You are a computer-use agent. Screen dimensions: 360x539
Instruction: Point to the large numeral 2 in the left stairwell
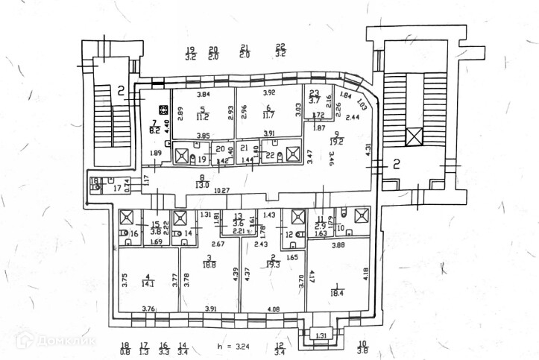[121, 92]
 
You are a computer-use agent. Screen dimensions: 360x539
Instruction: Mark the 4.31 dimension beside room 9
[368, 149]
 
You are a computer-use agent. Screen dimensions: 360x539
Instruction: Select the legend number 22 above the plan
[280, 47]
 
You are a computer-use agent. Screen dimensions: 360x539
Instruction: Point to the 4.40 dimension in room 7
[167, 127]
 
